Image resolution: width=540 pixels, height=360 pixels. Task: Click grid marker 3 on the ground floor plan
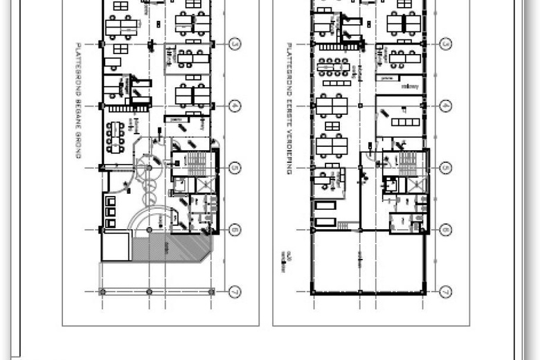(235, 44)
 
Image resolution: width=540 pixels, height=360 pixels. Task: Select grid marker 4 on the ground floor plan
(235, 106)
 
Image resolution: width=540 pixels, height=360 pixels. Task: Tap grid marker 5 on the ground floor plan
(235, 168)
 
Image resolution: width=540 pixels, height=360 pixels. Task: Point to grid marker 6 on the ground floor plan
(235, 230)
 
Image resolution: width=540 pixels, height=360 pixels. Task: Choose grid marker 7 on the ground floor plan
(235, 292)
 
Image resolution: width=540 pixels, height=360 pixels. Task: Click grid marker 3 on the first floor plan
(446, 44)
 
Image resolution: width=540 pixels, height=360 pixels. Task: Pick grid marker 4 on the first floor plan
(446, 106)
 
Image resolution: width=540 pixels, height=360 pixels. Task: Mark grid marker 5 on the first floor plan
(446, 168)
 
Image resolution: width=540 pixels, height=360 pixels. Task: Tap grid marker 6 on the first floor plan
(446, 230)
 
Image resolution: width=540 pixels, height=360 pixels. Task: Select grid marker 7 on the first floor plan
(446, 292)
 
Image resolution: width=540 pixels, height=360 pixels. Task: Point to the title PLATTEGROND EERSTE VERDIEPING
(288, 107)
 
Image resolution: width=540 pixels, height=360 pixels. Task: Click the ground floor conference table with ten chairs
(116, 137)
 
